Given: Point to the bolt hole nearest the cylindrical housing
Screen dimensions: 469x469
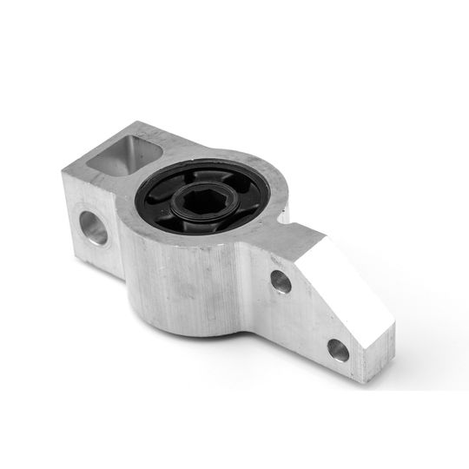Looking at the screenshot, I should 280,281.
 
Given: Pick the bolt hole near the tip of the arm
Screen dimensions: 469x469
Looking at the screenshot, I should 337,350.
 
